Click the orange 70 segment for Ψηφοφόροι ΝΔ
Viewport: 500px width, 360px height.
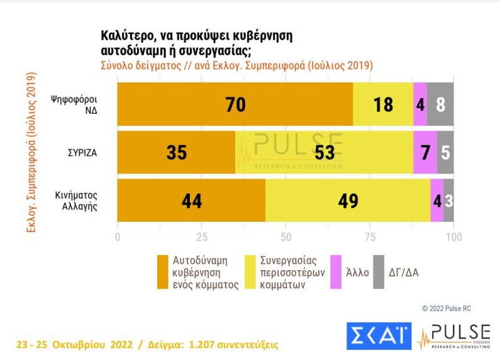[x=235, y=104]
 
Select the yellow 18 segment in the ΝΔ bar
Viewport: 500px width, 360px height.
[x=383, y=104]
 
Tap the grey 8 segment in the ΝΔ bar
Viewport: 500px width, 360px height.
[x=440, y=104]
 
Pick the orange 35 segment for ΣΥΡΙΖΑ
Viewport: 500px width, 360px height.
[x=176, y=152]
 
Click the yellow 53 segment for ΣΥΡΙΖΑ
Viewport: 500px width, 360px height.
[x=324, y=152]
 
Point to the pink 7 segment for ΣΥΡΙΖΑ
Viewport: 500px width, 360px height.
[x=425, y=152]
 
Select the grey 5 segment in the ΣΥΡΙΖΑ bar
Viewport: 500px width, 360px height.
[x=445, y=152]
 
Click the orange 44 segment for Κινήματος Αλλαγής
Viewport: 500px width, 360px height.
[x=191, y=201]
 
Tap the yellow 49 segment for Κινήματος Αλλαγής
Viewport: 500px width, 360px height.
[x=348, y=201]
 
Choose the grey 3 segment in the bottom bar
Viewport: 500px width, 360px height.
[x=449, y=201]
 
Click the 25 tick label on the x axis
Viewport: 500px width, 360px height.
[x=202, y=237]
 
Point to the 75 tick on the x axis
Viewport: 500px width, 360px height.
[x=370, y=237]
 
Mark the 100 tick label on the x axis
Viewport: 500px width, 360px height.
[x=454, y=237]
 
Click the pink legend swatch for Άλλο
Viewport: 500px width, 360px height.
[x=336, y=273]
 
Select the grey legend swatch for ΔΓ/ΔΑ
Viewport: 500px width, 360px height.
[x=379, y=273]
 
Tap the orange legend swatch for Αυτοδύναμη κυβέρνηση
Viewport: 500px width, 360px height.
[x=162, y=273]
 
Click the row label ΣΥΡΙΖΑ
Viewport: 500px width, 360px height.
[x=82, y=152]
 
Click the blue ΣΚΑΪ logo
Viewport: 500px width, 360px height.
[x=379, y=336]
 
